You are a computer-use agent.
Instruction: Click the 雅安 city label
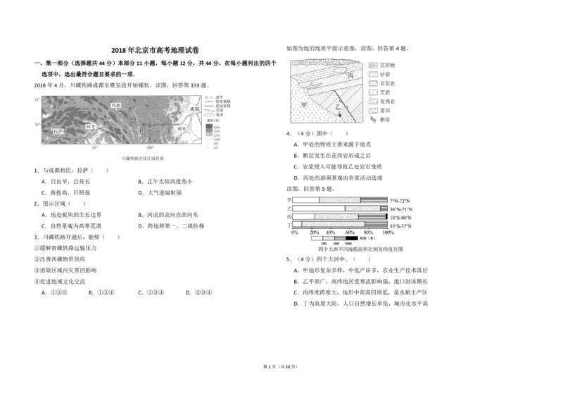pyautogui.click(x=181, y=130)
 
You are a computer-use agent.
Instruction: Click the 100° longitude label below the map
pyautogui.click(x=150, y=147)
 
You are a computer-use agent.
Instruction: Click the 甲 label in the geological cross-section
pyautogui.click(x=305, y=104)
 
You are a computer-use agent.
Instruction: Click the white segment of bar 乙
pyautogui.click(x=319, y=209)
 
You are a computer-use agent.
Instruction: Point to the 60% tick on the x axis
pyautogui.click(x=350, y=232)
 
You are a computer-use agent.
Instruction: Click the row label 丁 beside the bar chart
pyautogui.click(x=289, y=225)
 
